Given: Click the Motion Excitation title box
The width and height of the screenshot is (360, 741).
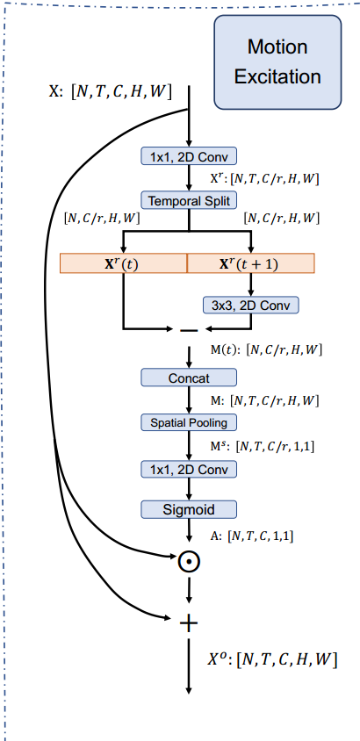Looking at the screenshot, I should coord(277,61).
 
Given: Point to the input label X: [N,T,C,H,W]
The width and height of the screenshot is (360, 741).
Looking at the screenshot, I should coord(110,90).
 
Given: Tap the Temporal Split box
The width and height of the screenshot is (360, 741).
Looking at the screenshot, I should coord(189,200).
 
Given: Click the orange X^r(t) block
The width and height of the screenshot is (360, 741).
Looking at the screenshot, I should coord(123,263).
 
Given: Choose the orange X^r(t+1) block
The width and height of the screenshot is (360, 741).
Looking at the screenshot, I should coord(251,263).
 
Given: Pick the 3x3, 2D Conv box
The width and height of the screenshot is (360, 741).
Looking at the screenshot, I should coord(251,306).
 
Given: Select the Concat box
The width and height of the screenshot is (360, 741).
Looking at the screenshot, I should coord(189,378).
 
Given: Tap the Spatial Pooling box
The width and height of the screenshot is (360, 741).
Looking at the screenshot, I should coord(189,422).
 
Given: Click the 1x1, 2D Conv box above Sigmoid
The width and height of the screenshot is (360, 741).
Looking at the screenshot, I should coord(189,469).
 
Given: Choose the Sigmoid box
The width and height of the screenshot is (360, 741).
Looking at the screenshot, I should coord(189,509).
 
